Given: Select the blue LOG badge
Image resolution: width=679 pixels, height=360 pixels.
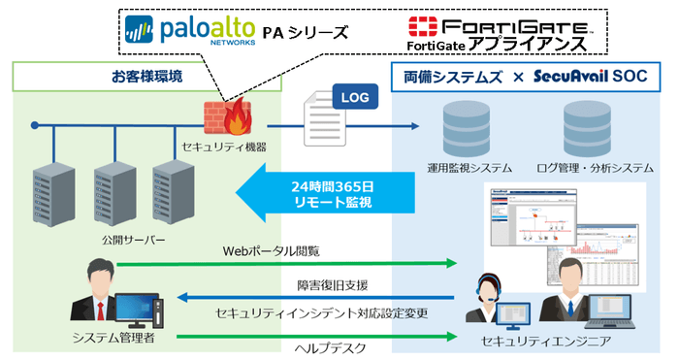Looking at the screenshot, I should tap(354, 96).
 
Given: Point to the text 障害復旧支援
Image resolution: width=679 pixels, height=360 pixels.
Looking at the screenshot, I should tap(330, 285).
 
